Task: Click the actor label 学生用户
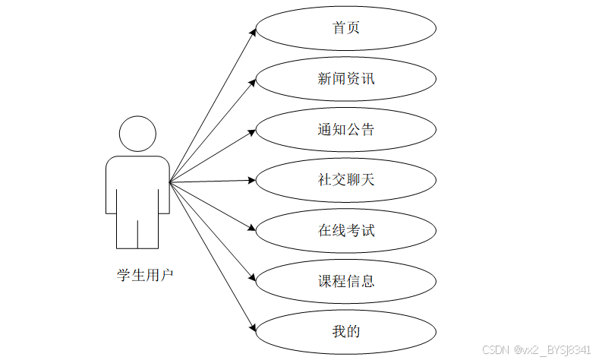[144, 274]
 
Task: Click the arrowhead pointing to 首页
[253, 32]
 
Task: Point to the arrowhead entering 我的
[253, 327]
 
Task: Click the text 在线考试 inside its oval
[346, 230]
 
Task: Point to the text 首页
[346, 28]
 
